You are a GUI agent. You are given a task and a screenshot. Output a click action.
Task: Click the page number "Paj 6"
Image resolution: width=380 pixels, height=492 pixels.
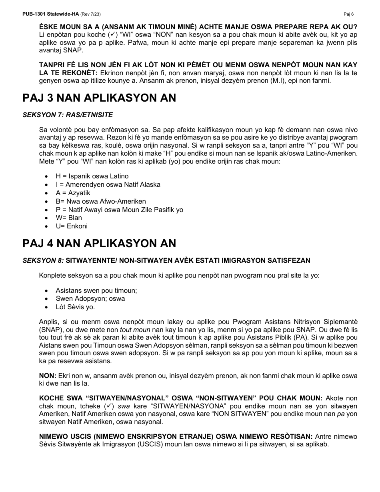coord(348,14)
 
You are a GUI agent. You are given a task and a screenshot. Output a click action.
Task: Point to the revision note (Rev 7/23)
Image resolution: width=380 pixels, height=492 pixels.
coord(90,14)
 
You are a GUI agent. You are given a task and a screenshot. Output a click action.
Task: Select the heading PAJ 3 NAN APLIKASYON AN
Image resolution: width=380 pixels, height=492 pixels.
coord(99,98)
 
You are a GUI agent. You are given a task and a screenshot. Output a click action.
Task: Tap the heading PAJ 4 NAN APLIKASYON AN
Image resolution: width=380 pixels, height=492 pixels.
coord(99,243)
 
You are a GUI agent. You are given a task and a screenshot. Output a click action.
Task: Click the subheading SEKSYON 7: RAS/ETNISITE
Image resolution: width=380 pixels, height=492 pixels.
coord(68,115)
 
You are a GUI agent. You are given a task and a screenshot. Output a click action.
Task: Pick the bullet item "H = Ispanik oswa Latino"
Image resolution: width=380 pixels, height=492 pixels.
coord(92,176)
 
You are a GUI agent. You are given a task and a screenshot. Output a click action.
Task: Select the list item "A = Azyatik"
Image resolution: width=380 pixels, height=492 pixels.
coord(73,193)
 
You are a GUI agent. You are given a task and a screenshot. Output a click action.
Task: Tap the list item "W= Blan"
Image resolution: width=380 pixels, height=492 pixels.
coord(69,218)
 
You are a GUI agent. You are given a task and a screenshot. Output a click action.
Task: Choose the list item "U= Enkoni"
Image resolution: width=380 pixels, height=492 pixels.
coord(72,226)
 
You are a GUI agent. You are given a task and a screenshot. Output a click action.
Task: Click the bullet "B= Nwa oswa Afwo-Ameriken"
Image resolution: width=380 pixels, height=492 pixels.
coord(101,201)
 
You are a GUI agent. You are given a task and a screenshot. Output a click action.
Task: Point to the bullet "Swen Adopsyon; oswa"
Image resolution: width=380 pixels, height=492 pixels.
coord(90,299)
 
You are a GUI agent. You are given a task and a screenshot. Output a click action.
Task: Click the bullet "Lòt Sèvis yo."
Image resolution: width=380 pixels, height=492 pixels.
coord(75,307)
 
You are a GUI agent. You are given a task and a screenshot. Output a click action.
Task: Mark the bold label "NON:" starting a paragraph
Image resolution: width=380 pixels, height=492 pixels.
coord(48,376)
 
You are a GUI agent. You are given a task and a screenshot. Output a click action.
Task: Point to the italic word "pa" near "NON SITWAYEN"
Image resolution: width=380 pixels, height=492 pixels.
coord(340,414)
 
